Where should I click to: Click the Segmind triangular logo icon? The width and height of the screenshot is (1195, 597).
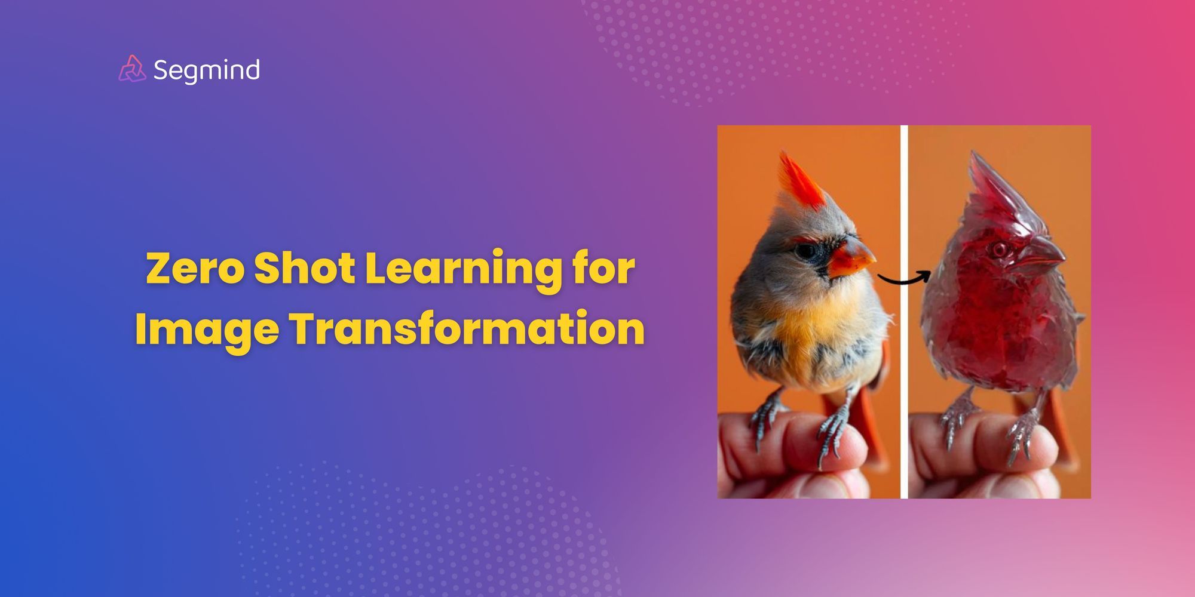point(132,69)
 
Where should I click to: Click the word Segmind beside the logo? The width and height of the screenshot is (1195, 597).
point(206,70)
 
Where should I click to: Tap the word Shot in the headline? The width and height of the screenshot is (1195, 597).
point(305,269)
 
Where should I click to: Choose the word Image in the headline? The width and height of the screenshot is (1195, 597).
point(206,330)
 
